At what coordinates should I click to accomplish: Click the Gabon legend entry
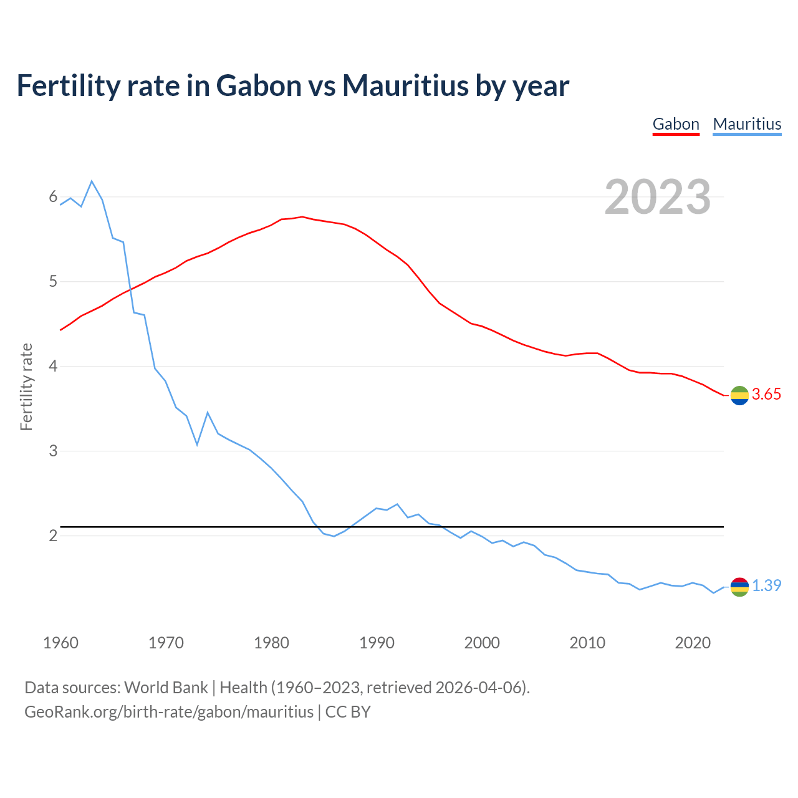click(676, 124)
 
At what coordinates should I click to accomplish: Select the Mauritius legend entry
click(747, 124)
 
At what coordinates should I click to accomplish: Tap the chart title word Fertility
click(68, 85)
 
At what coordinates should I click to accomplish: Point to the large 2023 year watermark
click(658, 197)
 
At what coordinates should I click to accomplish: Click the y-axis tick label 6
click(53, 197)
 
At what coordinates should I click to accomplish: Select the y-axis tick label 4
click(53, 366)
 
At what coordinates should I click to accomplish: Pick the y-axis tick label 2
click(53, 536)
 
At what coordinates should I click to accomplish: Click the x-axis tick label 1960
click(60, 643)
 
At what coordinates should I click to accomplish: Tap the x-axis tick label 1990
click(377, 643)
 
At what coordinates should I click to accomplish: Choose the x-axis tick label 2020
click(693, 643)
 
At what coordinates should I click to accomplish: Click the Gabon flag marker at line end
click(739, 395)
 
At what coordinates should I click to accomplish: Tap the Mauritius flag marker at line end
click(739, 587)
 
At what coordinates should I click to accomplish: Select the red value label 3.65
click(766, 395)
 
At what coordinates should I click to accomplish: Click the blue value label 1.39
click(766, 586)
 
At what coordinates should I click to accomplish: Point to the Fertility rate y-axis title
click(26, 387)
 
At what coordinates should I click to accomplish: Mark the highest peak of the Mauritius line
click(92, 181)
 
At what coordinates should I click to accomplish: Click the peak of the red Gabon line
click(302, 217)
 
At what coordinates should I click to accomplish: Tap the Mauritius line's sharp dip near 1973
click(197, 445)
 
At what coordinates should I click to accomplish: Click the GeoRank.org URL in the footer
click(169, 712)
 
